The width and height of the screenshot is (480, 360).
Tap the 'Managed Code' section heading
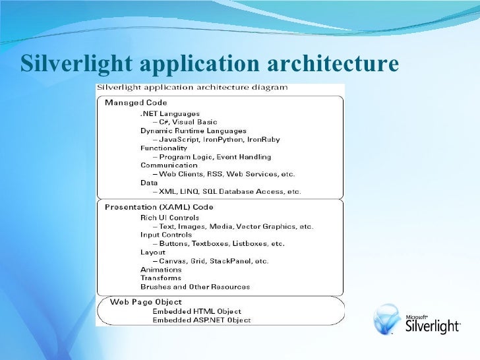[x=136, y=103]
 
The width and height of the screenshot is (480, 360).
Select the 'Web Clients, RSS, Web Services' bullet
[x=223, y=174]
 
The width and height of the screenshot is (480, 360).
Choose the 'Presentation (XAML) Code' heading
[x=159, y=207]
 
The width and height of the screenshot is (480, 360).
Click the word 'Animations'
[x=161, y=269]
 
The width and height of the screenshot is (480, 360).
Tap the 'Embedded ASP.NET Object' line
[x=201, y=320]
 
